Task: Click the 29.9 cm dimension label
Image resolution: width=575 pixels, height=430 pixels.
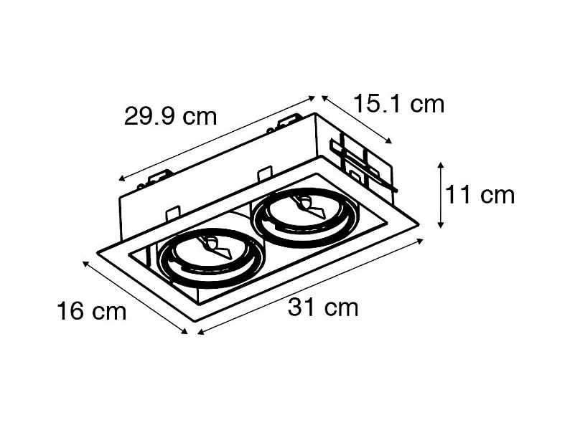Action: tap(170, 116)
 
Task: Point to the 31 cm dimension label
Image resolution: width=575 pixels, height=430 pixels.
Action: tap(323, 308)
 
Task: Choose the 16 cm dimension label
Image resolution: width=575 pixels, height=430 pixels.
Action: tap(91, 311)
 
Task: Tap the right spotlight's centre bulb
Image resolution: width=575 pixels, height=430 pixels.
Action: tap(302, 206)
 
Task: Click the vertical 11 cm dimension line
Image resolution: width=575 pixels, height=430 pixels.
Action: tap(440, 195)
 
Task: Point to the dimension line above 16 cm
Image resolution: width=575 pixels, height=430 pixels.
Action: tap(135, 297)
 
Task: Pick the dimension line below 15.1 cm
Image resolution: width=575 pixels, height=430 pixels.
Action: tap(357, 119)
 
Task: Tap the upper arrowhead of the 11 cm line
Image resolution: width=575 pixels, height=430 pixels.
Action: tap(440, 167)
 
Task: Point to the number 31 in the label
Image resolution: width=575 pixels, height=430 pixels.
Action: tap(301, 308)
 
